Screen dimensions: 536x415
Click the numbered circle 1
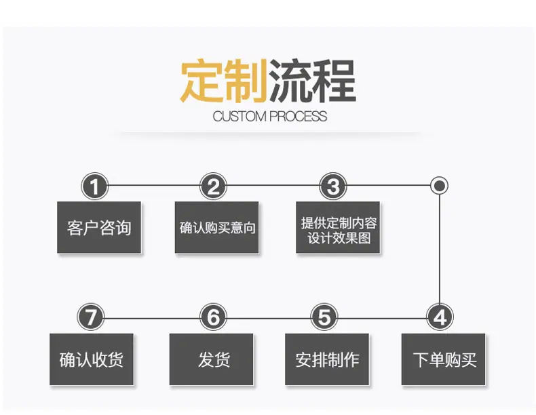(95, 186)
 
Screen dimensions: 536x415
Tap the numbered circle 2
(213, 186)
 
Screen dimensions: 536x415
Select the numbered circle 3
(333, 186)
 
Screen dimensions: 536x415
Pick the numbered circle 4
(440, 317)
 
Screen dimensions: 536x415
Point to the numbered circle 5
(324, 317)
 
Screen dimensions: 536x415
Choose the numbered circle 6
(213, 317)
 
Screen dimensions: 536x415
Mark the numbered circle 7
(91, 317)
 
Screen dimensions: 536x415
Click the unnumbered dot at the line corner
(440, 186)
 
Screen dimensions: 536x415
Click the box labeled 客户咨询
(99, 227)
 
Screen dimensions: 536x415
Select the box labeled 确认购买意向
(216, 227)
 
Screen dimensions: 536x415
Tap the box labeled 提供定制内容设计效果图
(338, 227)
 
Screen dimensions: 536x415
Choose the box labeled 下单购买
(443, 359)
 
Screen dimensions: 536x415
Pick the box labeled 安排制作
(327, 359)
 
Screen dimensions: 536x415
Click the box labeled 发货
(211, 359)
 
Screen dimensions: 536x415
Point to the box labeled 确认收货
(92, 359)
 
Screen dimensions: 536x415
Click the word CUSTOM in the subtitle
(239, 117)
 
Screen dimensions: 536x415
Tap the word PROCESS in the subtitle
(298, 117)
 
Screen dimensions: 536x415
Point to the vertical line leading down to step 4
(440, 249)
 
